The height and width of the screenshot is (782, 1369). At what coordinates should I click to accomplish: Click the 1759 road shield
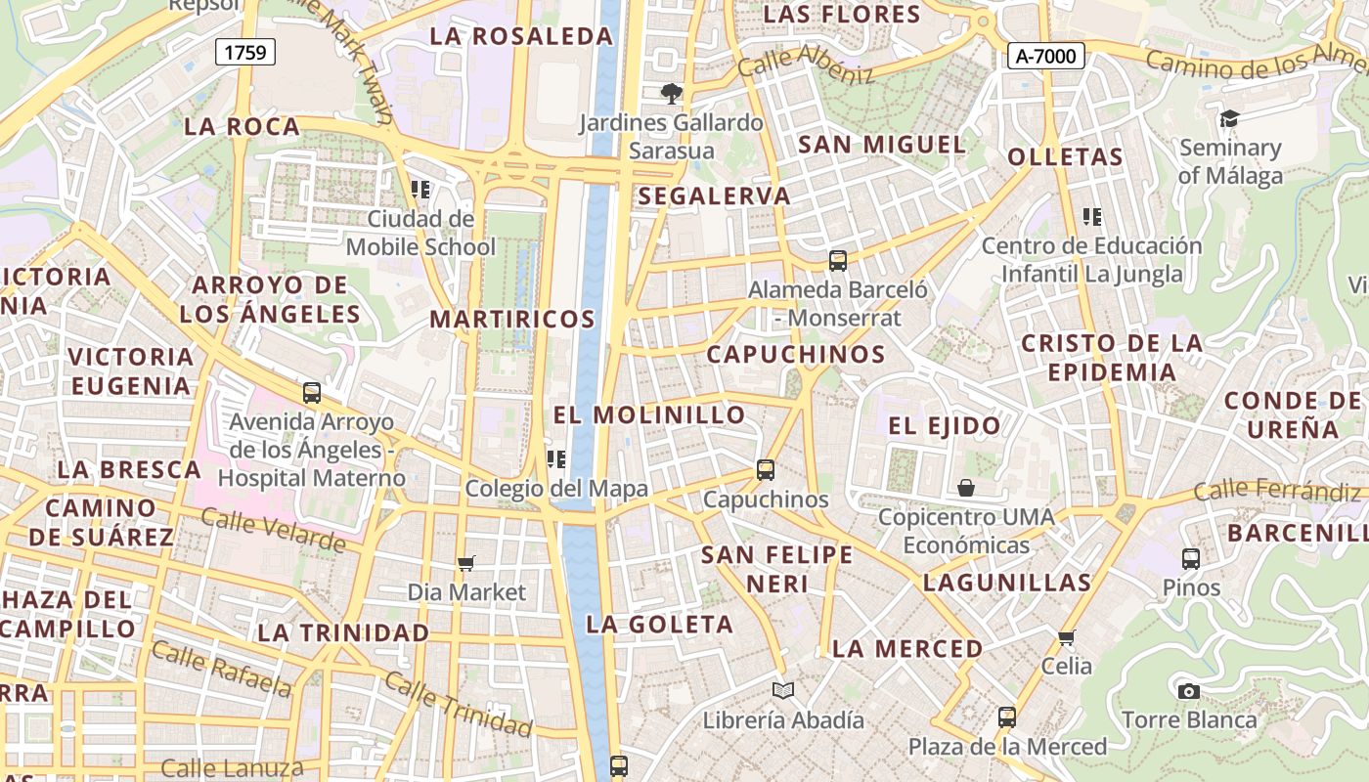(244, 52)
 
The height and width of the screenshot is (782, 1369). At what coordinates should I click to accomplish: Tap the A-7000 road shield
(1045, 56)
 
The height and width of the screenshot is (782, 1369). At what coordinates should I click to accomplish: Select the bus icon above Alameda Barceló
(838, 261)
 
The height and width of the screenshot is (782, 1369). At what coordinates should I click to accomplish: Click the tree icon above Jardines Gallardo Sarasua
(671, 94)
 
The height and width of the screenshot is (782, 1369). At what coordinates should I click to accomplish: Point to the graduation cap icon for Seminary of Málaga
(1229, 118)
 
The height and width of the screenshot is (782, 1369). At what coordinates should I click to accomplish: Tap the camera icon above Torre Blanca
(1188, 691)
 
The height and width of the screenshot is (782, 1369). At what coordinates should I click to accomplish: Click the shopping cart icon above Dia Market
(466, 563)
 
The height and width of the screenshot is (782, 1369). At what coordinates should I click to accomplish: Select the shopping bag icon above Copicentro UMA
(966, 487)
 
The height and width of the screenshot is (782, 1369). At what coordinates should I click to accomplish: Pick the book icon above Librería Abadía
(783, 690)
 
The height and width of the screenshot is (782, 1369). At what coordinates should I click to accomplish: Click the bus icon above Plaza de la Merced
(1007, 717)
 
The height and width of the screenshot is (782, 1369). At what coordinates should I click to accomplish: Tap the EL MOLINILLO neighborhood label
(649, 414)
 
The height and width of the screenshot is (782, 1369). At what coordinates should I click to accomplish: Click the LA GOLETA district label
(659, 625)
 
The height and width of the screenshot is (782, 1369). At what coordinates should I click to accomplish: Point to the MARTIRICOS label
(512, 319)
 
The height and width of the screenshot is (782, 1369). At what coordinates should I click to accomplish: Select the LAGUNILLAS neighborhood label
(1007, 584)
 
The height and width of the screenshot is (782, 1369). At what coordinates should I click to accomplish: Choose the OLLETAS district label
(1065, 157)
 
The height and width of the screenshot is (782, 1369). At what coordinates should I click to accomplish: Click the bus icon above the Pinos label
(1191, 559)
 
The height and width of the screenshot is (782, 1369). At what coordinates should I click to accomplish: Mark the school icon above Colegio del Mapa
(556, 458)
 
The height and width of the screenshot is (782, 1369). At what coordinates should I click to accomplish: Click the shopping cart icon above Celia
(1066, 637)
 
